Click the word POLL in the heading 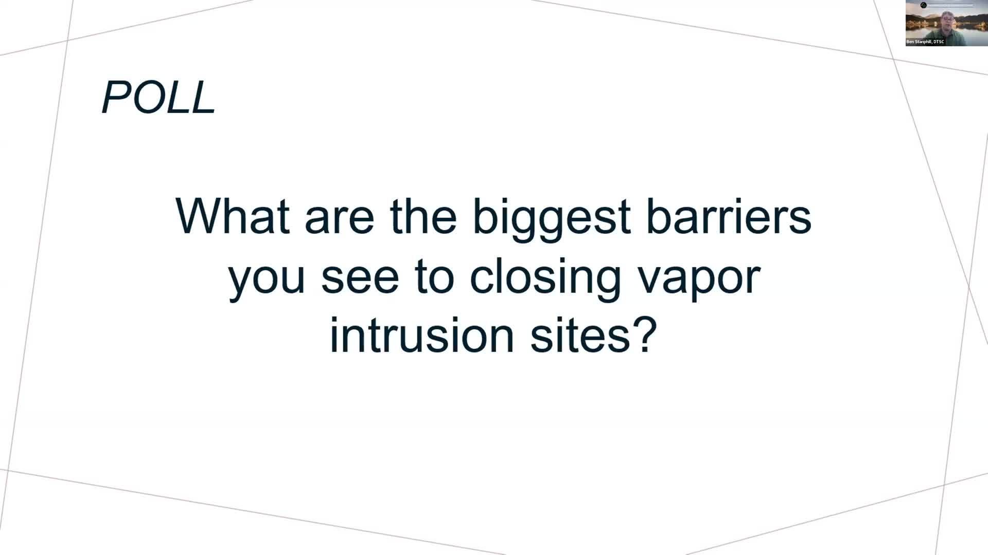(158, 97)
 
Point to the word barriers (729, 216)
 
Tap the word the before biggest (423, 216)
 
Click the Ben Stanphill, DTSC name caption (925, 42)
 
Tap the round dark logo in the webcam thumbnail (924, 5)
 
